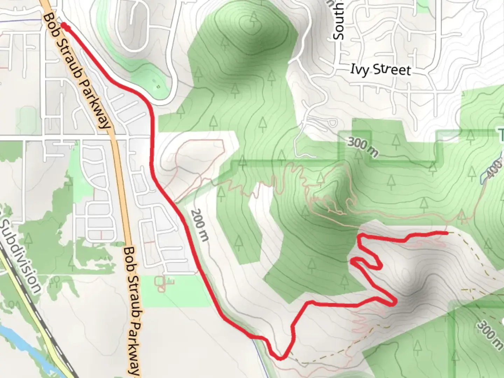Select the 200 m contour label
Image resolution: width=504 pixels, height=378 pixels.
tap(200, 225)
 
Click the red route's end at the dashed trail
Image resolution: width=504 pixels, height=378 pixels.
tap(447, 232)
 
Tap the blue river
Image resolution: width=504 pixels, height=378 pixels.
tap(24, 346)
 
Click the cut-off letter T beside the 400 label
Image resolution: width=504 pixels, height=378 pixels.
tap(501, 135)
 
